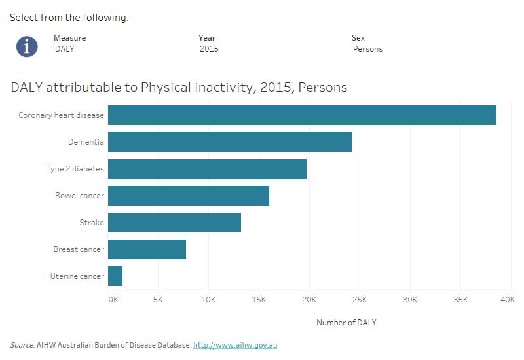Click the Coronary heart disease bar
pos(302,115)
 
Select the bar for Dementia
pos(230,142)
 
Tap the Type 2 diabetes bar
pos(207,169)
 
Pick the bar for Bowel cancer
pos(189,196)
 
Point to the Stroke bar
pos(174,223)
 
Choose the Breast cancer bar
pos(147,249)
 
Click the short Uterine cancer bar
pos(115,276)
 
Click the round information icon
pos(27,46)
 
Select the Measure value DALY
pos(64,49)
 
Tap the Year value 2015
pos(209,49)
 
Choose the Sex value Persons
pos(367,49)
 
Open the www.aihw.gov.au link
pos(235,345)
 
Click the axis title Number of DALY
pos(346,323)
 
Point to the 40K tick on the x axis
pos(508,300)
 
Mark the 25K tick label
pos(360,300)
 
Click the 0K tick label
pos(113,300)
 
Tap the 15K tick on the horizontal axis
pos(259,300)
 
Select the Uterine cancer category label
pos(77,276)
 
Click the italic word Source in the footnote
pos(22,345)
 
